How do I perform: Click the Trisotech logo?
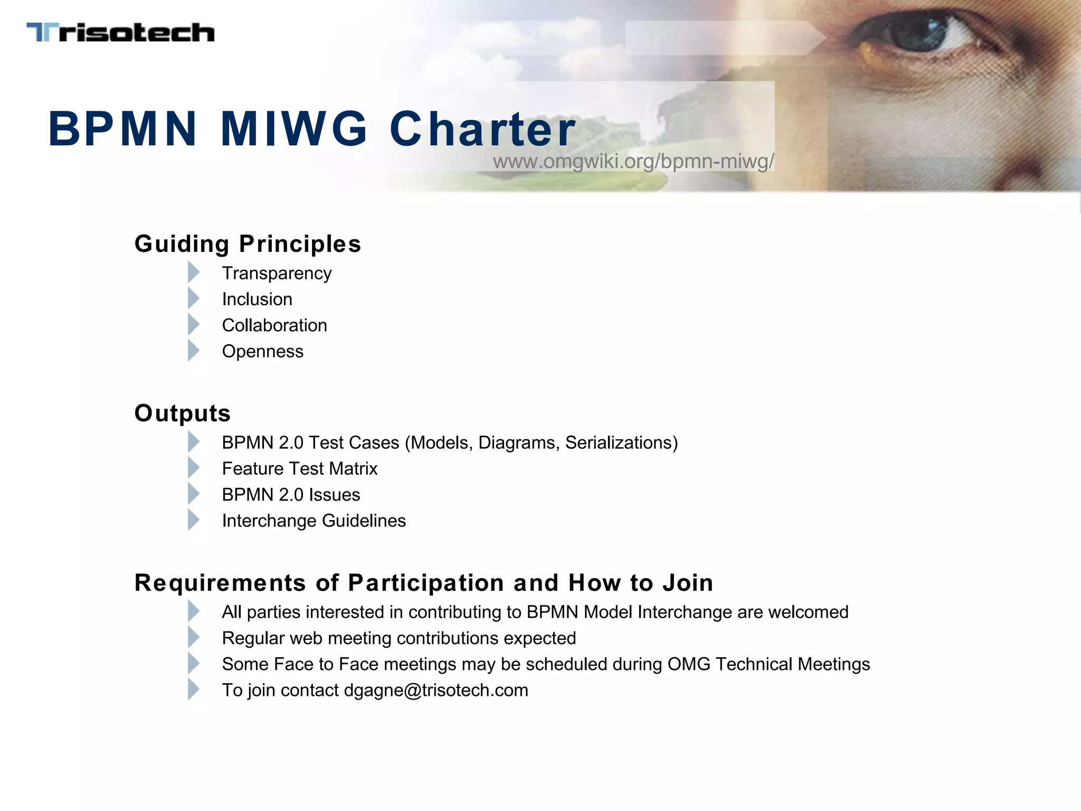pyautogui.click(x=120, y=32)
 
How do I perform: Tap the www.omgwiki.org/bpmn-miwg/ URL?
pyautogui.click(x=633, y=161)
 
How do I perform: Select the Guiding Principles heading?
pyautogui.click(x=248, y=244)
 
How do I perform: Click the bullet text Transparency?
pyautogui.click(x=277, y=274)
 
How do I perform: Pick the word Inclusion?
pyautogui.click(x=257, y=299)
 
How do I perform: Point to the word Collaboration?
pyautogui.click(x=274, y=325)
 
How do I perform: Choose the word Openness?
pyautogui.click(x=263, y=352)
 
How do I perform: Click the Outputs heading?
pyautogui.click(x=183, y=413)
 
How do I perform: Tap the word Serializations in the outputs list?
pyautogui.click(x=621, y=442)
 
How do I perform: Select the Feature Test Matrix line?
pyautogui.click(x=300, y=469)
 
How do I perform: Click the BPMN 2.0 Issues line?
pyautogui.click(x=291, y=495)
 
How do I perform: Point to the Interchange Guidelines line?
pyautogui.click(x=314, y=521)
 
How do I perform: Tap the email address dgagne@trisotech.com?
pyautogui.click(x=436, y=691)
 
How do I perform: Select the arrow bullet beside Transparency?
pyautogui.click(x=194, y=273)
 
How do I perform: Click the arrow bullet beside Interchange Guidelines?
pyautogui.click(x=194, y=520)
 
